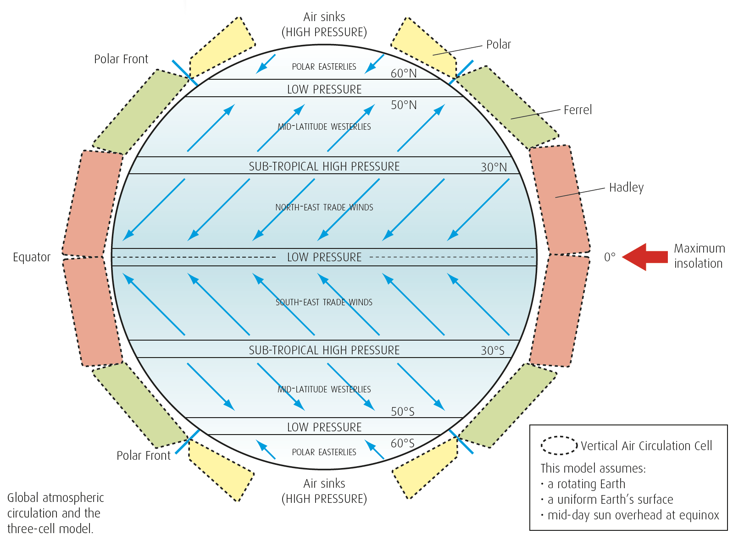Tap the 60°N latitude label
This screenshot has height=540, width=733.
[x=403, y=73]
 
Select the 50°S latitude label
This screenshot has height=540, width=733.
[x=402, y=412]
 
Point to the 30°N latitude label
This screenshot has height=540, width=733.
[x=494, y=167]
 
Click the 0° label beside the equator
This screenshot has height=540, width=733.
[x=610, y=257]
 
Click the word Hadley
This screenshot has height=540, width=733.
[x=626, y=187]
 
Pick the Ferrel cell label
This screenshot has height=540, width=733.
[x=578, y=110]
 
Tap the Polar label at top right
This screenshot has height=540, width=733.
[x=498, y=44]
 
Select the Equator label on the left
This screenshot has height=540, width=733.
[x=32, y=257]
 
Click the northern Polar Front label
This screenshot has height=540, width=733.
[x=121, y=59]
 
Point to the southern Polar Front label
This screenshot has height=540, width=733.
[x=143, y=456]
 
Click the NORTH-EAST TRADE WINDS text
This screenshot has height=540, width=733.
[x=324, y=208]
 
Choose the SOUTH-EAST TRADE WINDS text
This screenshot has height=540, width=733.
[x=324, y=303]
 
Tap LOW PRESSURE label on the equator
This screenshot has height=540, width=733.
[x=324, y=257]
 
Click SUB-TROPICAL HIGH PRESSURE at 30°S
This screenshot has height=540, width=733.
[x=324, y=350]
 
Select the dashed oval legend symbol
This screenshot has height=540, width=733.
[x=559, y=445]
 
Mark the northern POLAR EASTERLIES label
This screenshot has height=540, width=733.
[x=324, y=67]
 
